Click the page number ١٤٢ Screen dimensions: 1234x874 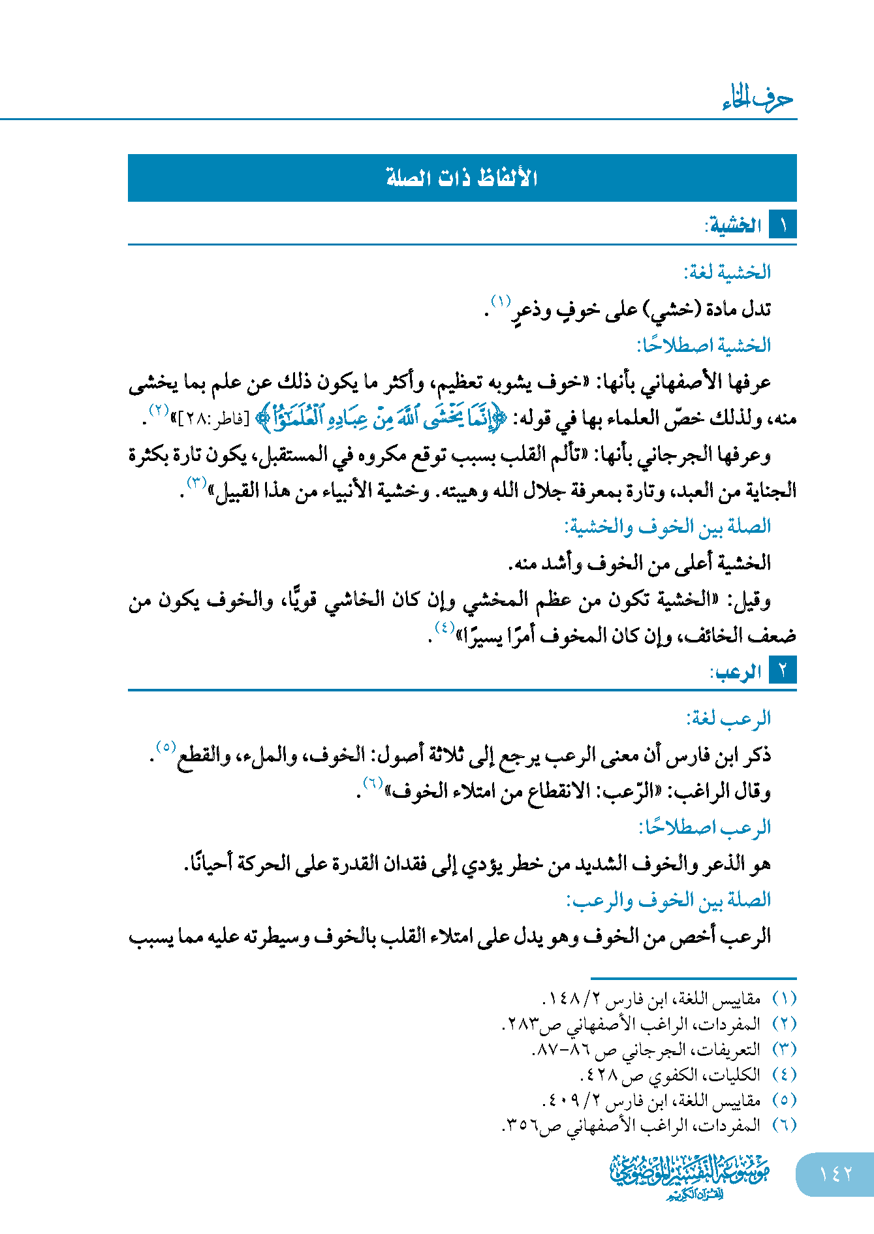click(835, 1174)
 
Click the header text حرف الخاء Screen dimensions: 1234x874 click(758, 99)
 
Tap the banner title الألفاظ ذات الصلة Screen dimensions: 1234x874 click(461, 178)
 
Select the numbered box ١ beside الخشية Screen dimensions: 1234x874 click(783, 225)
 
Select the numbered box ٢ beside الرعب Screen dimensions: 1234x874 click(783, 671)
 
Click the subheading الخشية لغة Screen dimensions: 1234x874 click(727, 272)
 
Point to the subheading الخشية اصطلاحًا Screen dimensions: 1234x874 click(704, 345)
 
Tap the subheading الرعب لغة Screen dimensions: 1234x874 click(728, 718)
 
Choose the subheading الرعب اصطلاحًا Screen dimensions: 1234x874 click(705, 827)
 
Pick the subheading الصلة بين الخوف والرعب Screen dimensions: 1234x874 click(668, 900)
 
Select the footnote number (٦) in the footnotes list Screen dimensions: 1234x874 click(784, 1125)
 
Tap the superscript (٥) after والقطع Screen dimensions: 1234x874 click(166, 746)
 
